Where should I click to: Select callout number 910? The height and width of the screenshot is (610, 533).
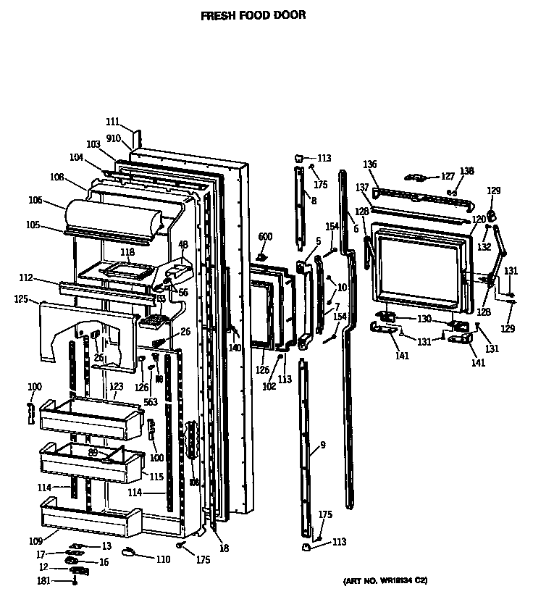114,138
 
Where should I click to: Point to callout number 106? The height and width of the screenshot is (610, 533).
35,201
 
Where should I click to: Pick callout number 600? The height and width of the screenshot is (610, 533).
265,237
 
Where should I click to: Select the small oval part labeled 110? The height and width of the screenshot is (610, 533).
129,553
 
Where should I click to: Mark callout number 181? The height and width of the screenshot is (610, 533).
44,580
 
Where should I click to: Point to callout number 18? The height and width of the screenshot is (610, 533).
224,549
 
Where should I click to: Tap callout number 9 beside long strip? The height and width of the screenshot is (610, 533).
323,445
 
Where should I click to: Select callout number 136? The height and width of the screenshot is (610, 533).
370,164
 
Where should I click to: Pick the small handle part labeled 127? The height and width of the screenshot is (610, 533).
416,177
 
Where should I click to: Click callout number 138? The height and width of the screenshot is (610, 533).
467,171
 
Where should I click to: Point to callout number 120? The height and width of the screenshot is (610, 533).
479,220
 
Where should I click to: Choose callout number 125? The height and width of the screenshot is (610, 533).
22,298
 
